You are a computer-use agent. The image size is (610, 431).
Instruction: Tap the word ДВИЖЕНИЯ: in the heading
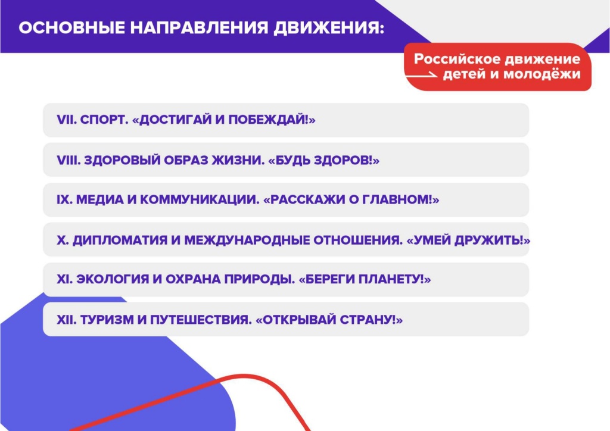tap(329, 29)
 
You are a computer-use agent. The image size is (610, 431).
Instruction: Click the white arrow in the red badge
tap(421, 75)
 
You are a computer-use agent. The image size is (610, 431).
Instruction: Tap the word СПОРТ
tap(104, 120)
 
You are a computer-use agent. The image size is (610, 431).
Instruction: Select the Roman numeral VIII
tap(69, 160)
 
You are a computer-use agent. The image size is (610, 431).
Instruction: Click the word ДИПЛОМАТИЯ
tap(120, 241)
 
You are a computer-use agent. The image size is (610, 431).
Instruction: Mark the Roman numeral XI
tap(64, 279)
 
